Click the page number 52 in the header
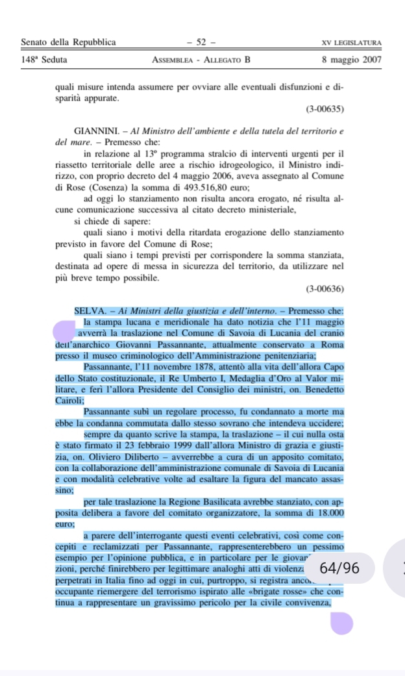click(x=201, y=43)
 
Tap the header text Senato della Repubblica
click(x=69, y=43)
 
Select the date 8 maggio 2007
click(x=351, y=60)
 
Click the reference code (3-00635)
click(x=324, y=109)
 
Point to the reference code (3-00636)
click(x=324, y=288)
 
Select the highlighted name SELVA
click(x=91, y=311)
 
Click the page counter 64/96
click(x=339, y=568)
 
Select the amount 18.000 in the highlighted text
click(x=328, y=514)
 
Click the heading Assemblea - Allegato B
click(x=201, y=60)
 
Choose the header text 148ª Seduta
click(x=44, y=60)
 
